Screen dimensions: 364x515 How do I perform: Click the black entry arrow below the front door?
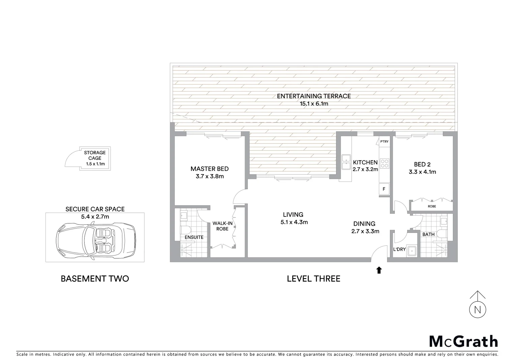[x=379, y=270]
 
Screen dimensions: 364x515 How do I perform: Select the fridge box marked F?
[x=384, y=189]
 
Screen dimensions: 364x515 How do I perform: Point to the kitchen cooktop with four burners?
[x=385, y=163]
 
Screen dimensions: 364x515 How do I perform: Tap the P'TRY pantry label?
[x=384, y=142]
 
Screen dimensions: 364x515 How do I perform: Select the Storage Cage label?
[x=95, y=155]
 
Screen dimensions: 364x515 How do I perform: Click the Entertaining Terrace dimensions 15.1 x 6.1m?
[x=314, y=104]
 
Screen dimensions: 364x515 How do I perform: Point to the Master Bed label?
[x=209, y=169]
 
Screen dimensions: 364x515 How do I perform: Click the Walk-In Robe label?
[x=222, y=226]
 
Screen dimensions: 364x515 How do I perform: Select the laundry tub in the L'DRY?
[x=412, y=251]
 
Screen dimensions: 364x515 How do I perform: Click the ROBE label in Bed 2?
[x=432, y=206]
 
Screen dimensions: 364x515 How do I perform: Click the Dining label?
[x=364, y=223]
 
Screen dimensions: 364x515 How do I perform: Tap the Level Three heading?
[x=313, y=279]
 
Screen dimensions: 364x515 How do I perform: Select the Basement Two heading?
[x=95, y=279]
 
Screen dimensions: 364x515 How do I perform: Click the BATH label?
[x=428, y=234]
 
